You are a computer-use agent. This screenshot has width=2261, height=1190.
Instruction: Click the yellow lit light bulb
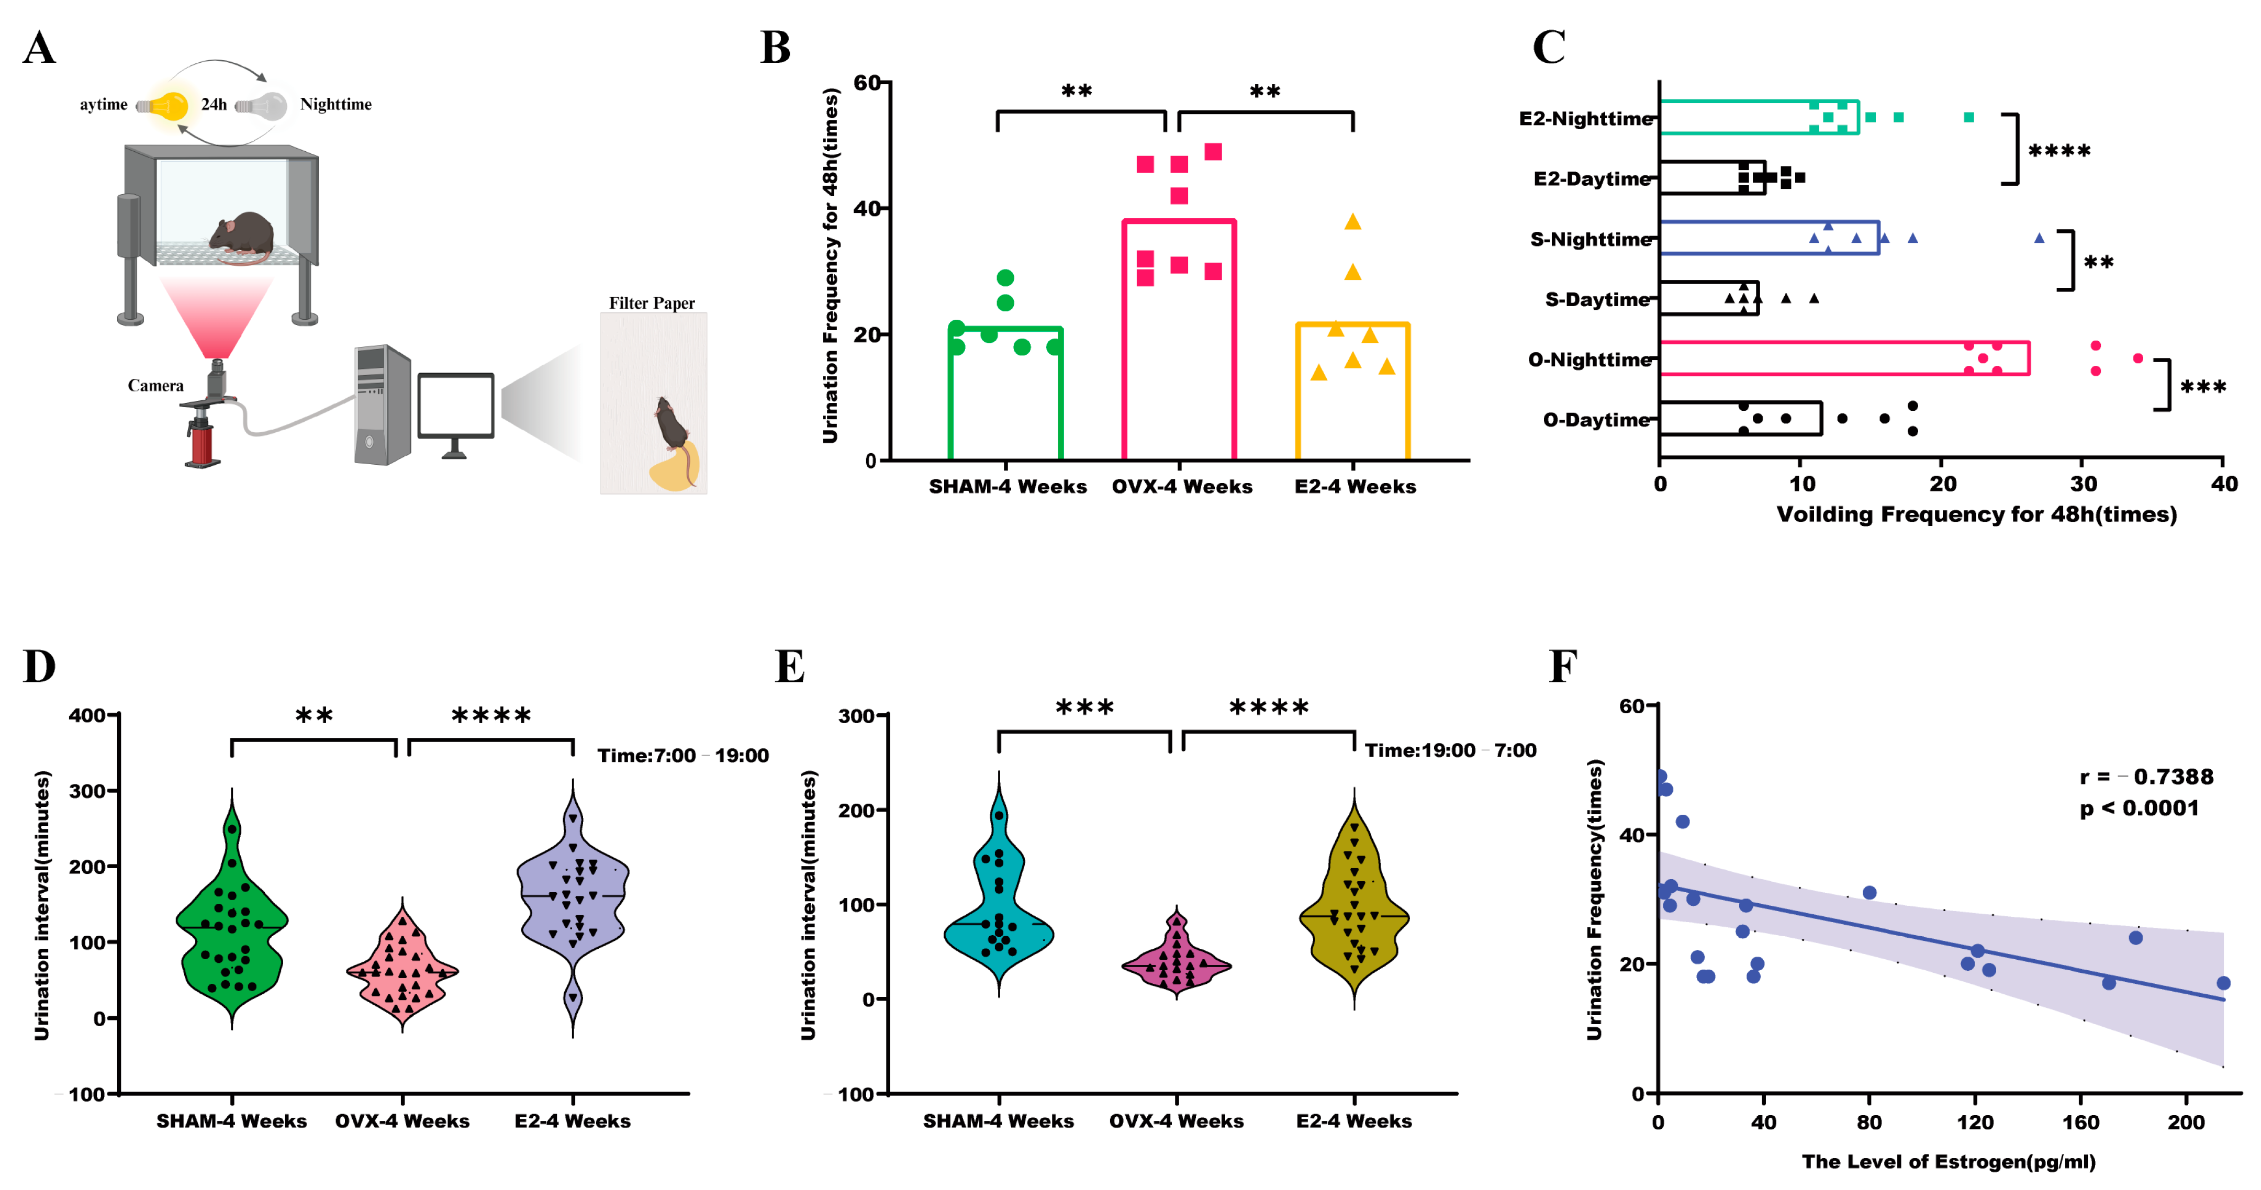pos(170,105)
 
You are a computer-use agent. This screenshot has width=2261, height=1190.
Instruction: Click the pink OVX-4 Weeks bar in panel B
pos(1179,342)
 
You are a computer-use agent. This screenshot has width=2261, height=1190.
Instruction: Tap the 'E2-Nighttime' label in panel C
pos(1586,118)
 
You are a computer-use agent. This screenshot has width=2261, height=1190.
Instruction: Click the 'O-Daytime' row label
pos(1596,420)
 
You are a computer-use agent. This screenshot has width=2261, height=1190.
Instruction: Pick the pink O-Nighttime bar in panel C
pos(1843,358)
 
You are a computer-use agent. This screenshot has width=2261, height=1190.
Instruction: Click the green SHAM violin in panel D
pos(232,930)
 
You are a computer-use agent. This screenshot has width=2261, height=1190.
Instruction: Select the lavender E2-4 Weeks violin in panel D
pos(573,904)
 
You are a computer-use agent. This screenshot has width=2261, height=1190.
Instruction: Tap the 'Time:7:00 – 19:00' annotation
pos(683,756)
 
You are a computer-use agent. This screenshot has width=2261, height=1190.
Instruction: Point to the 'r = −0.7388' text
pos(2146,777)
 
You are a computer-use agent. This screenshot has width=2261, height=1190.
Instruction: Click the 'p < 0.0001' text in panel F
pos(2139,809)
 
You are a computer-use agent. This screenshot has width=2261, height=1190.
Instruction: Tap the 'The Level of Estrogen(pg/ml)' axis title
pos(1949,1161)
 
